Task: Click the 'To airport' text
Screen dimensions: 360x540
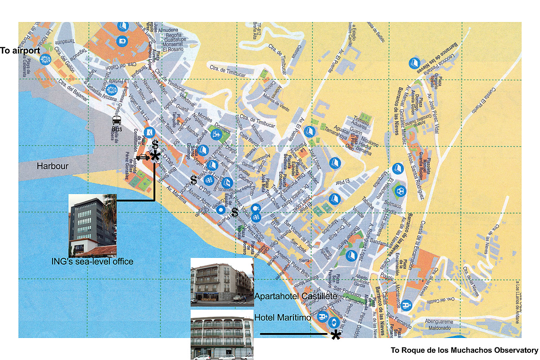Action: (20, 51)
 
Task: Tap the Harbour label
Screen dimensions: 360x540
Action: (53, 166)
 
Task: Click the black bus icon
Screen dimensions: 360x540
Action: (117, 120)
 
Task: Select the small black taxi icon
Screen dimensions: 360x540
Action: (142, 157)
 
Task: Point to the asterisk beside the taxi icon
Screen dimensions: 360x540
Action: (155, 156)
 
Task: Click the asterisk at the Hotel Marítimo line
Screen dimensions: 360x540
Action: (335, 335)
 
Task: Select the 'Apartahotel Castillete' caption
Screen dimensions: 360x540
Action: (296, 296)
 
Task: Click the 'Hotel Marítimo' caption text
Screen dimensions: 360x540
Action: (283, 318)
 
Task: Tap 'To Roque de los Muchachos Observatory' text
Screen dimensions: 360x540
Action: (464, 350)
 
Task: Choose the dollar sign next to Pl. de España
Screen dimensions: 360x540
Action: (234, 212)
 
